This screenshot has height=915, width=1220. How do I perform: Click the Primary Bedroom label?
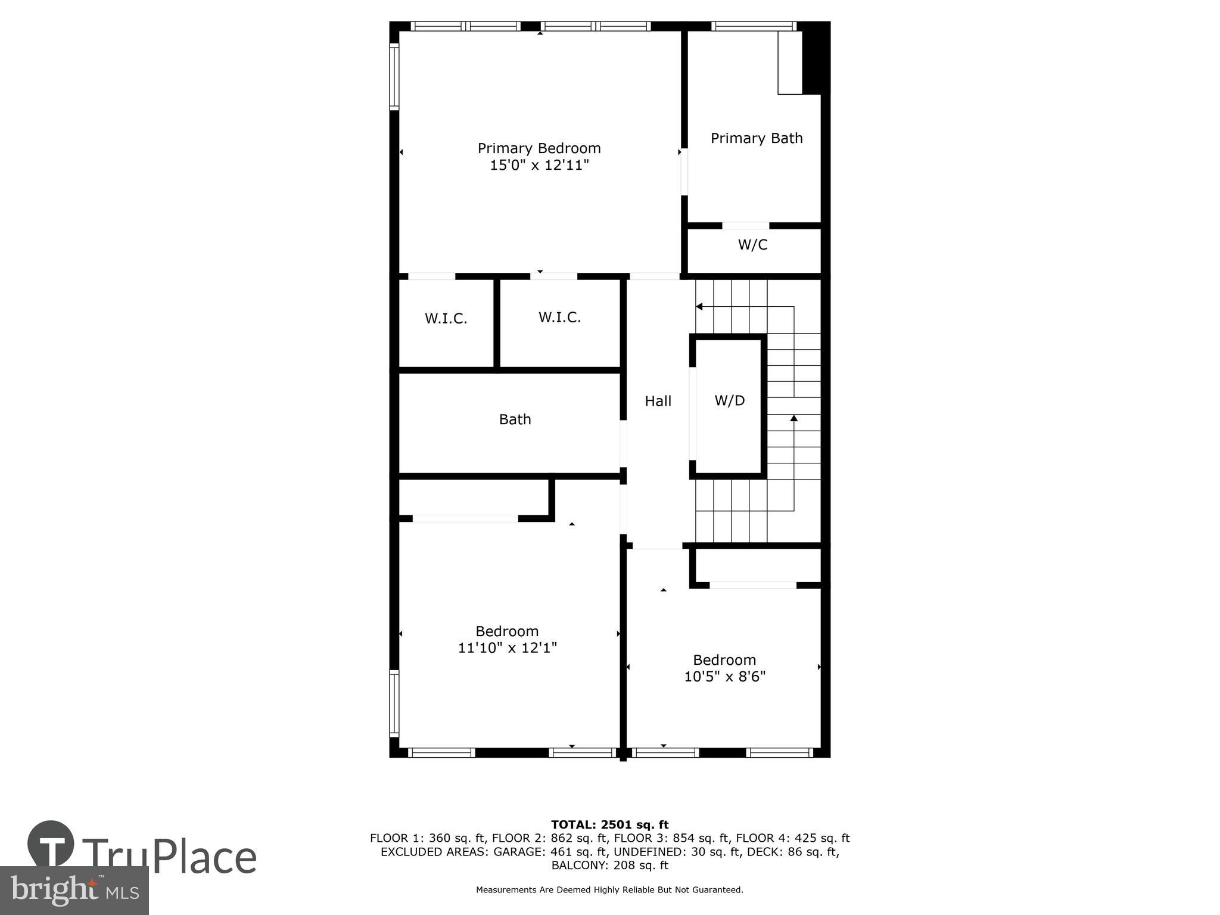click(x=539, y=148)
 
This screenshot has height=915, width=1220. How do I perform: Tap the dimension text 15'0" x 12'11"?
click(x=539, y=165)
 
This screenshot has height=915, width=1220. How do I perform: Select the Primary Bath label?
click(x=757, y=138)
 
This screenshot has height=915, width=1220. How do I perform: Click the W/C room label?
click(x=752, y=245)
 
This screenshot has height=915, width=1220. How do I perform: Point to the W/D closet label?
click(x=730, y=400)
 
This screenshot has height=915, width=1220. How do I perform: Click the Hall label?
click(x=658, y=402)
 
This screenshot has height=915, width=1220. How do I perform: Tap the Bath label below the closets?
click(x=515, y=419)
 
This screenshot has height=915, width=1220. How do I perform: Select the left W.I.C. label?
click(x=446, y=319)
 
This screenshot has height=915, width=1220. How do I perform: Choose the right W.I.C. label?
click(x=559, y=318)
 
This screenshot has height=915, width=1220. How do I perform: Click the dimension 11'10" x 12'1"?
click(x=507, y=648)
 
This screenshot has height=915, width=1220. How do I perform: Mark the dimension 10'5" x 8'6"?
click(x=724, y=676)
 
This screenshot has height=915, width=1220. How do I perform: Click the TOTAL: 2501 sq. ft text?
click(x=609, y=824)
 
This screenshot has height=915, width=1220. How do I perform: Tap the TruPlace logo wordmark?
click(x=170, y=857)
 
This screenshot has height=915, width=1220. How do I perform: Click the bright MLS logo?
click(x=74, y=891)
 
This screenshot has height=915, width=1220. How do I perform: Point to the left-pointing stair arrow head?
click(x=699, y=307)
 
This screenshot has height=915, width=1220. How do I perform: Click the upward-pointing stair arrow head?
click(x=793, y=418)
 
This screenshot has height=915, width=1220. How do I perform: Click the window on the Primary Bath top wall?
click(x=754, y=26)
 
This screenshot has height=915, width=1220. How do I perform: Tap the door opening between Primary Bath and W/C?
click(x=745, y=226)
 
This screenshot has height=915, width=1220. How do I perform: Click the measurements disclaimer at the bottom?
click(x=609, y=890)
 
